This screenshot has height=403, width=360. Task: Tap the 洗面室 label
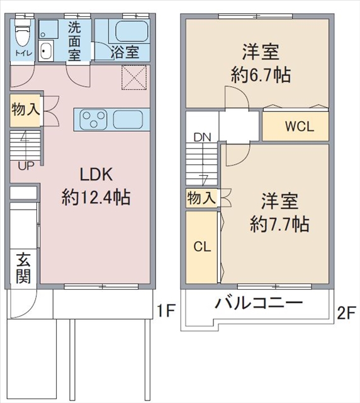(x=74, y=42)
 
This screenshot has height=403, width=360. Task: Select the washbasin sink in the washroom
(x=47, y=51)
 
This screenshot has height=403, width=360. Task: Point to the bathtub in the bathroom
(x=128, y=31)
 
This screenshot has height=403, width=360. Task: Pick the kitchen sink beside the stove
(x=130, y=118)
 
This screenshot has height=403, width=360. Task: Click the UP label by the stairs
(x=26, y=166)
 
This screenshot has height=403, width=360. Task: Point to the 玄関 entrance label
(x=23, y=268)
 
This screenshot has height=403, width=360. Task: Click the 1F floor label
(x=165, y=310)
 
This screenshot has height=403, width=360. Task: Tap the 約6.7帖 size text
(x=261, y=76)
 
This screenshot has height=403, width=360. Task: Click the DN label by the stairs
(x=202, y=137)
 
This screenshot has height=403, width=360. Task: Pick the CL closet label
(x=201, y=247)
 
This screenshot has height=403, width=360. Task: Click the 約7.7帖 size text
(x=279, y=224)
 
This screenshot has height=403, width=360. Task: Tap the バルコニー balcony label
(x=259, y=304)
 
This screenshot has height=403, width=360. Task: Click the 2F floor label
(x=346, y=310)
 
